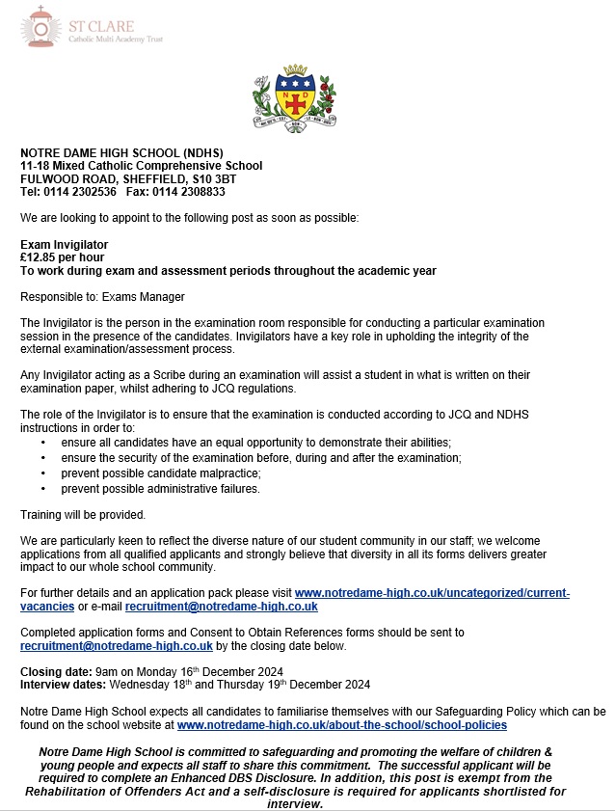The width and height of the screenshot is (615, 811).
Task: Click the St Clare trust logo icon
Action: coord(40,26)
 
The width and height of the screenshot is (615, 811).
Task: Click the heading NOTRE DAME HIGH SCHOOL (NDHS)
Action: coord(121,153)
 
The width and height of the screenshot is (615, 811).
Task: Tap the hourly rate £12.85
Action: coord(43,258)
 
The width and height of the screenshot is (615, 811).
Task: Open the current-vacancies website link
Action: coord(432,593)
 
